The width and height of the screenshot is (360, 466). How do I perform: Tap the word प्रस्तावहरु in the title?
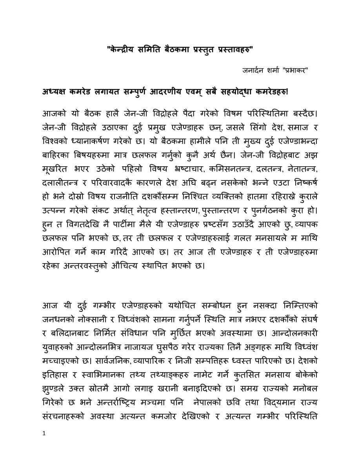pyautogui.click(x=233, y=50)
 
